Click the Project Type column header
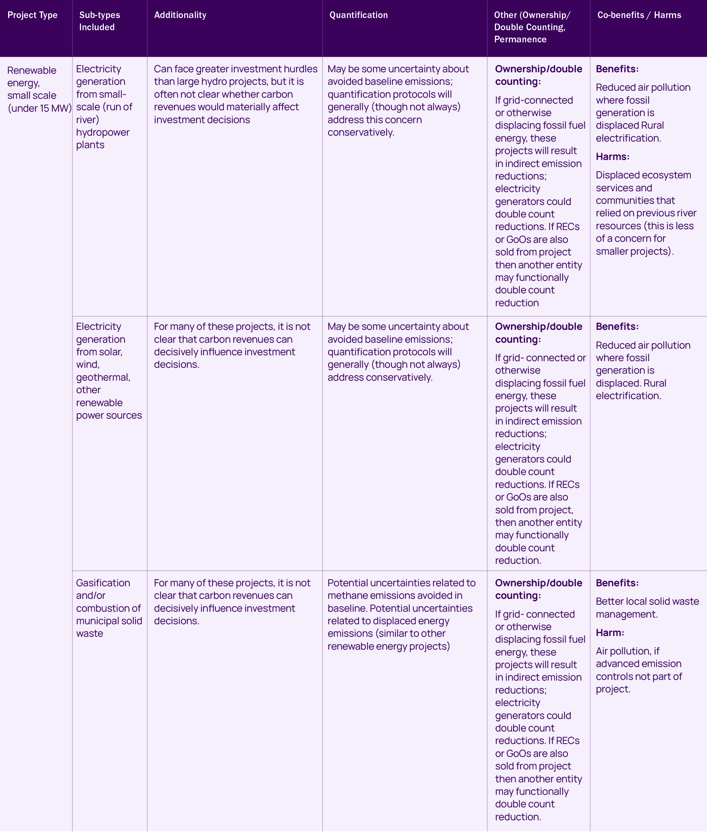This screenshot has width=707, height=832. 32,15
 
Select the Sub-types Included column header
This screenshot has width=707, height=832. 99,21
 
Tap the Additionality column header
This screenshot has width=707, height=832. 180,15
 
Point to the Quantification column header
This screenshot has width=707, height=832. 358,15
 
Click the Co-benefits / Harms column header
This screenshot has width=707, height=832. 639,15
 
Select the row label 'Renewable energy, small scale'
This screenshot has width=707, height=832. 32,83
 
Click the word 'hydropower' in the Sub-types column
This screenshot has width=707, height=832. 103,132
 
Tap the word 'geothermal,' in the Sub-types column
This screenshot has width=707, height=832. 103,377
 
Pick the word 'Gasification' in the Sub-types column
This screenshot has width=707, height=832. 103,583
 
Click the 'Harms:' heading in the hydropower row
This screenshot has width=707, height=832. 612,157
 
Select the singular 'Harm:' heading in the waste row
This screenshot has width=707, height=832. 610,633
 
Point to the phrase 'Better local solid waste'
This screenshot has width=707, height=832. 647,601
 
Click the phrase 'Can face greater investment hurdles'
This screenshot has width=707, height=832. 235,69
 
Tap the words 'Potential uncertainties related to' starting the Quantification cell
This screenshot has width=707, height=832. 401,583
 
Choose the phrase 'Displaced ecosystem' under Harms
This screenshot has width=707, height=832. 643,175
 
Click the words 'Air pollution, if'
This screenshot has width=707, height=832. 627,651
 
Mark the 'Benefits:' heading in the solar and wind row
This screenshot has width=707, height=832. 617,326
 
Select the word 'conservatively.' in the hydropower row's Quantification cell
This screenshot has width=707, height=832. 361,132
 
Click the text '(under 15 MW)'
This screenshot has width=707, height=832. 39,108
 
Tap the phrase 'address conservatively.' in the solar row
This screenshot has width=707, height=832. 380,377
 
